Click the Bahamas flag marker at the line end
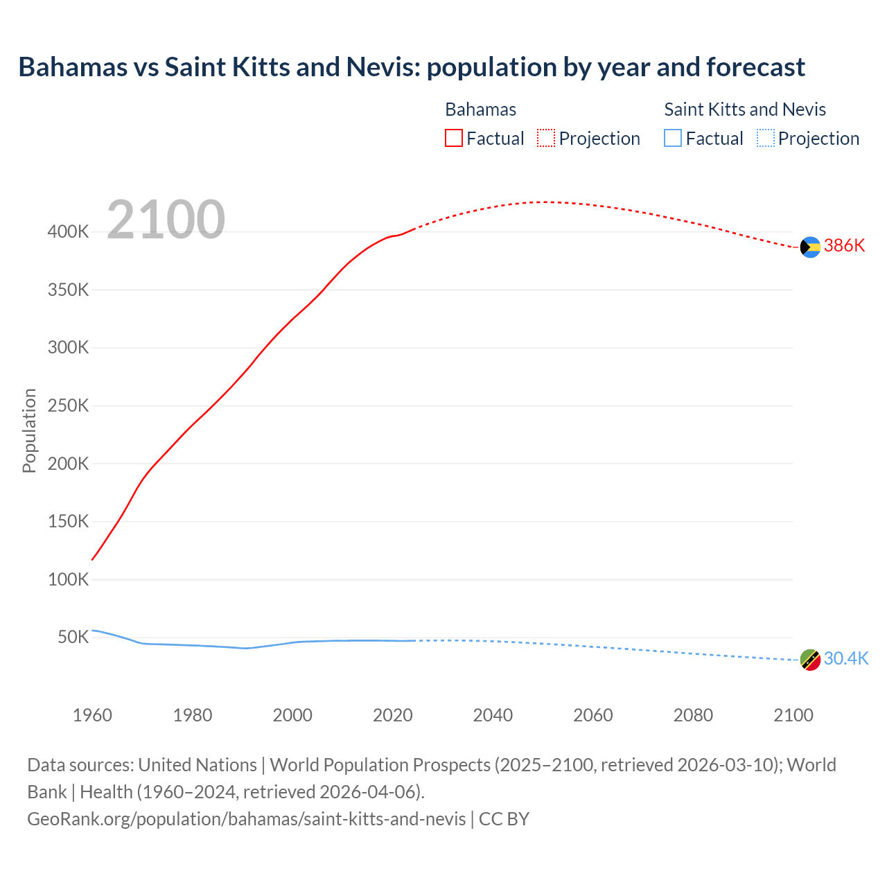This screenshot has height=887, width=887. (810, 247)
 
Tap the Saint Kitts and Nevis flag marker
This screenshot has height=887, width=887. (810, 660)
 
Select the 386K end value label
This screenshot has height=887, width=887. (844, 246)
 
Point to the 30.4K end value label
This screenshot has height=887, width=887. (845, 659)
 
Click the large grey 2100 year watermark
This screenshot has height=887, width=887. (166, 220)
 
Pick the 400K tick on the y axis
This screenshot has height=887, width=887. (68, 232)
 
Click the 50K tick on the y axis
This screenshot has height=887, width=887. (73, 638)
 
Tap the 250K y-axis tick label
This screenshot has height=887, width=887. (68, 406)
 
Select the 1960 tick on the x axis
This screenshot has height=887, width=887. (92, 715)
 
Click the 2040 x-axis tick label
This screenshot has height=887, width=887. (493, 715)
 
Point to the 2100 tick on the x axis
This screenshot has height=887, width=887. (793, 715)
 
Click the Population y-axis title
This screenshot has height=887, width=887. (29, 430)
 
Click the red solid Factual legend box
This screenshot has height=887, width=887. (454, 139)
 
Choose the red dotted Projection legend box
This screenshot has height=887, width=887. (546, 139)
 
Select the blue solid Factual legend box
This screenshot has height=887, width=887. (673, 139)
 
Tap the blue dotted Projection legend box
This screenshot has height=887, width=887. (766, 139)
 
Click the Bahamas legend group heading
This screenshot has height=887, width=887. (480, 109)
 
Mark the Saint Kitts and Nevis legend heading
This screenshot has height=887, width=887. (745, 109)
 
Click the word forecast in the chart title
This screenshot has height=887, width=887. (755, 67)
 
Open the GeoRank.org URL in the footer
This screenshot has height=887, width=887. (246, 819)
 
